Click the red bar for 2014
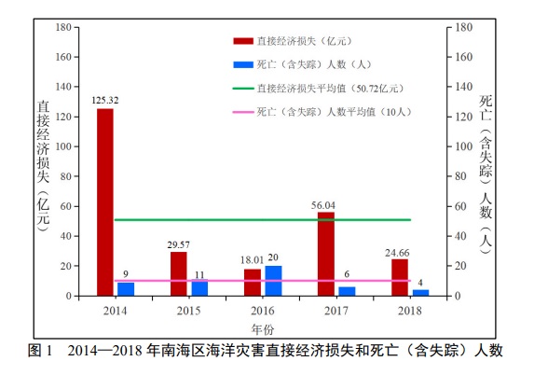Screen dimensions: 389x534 (x=105, y=202)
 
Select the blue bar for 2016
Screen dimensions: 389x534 (x=273, y=281)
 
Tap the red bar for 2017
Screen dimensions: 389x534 (x=326, y=254)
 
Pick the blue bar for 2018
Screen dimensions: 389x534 (x=420, y=292)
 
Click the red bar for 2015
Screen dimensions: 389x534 (x=178, y=273)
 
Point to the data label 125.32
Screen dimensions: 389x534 (x=105, y=100)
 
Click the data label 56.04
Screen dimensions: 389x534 (x=326, y=203)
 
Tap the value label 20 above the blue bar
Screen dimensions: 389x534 (x=273, y=257)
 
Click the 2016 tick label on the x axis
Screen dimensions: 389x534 (x=262, y=308)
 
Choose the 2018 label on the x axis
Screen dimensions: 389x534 (x=410, y=308)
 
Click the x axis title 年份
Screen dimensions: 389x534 (x=262, y=328)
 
